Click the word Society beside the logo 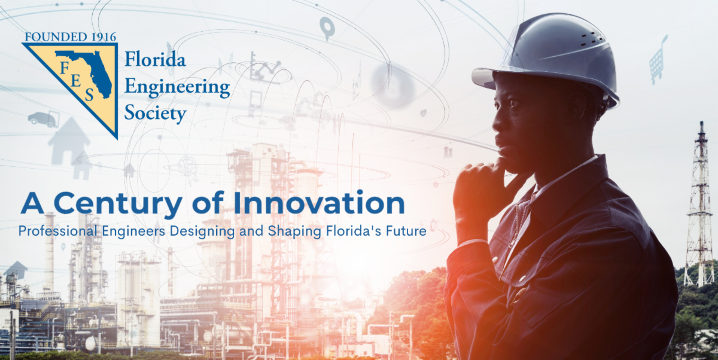[x=156, y=112]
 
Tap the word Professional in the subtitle [x=57, y=231]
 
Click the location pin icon [x=326, y=27]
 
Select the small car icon [x=42, y=118]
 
